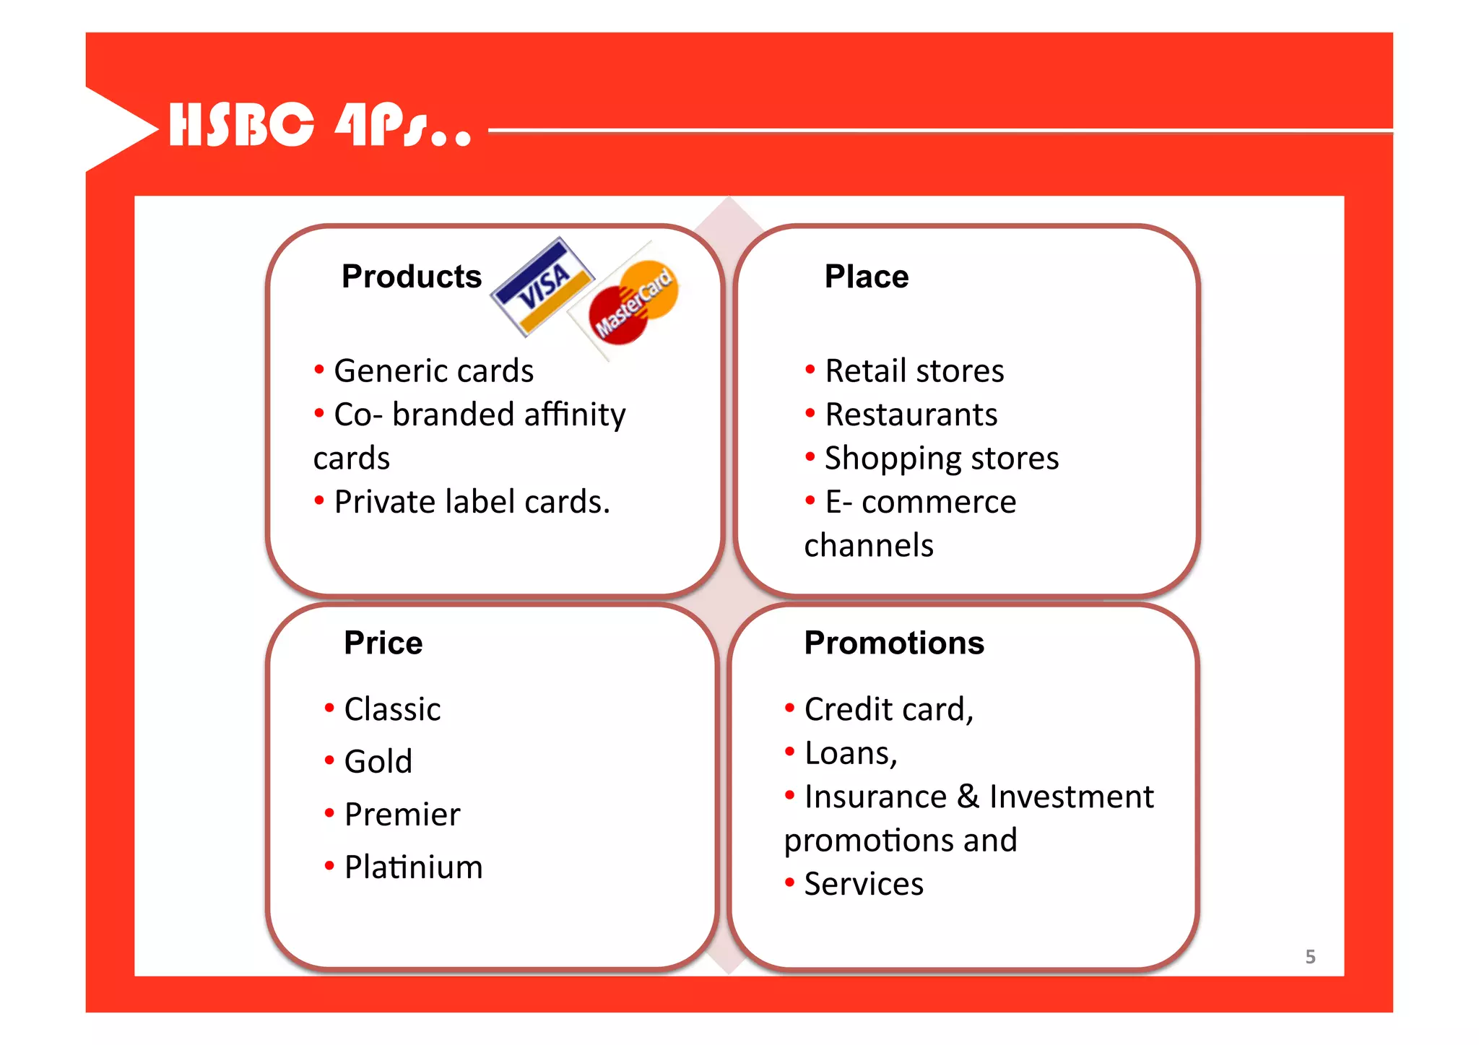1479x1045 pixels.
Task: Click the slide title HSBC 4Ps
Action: (320, 124)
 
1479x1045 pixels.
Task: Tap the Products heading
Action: (411, 277)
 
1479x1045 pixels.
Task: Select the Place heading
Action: (866, 277)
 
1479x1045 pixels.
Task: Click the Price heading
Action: (383, 643)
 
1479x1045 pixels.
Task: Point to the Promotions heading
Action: (893, 643)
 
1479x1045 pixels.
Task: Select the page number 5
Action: (1310, 957)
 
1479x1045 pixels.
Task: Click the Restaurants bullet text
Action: (911, 415)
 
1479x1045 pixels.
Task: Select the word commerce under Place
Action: (938, 502)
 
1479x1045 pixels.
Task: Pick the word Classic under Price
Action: (392, 710)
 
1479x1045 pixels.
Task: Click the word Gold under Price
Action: (378, 762)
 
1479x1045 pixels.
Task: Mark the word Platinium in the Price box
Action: (413, 867)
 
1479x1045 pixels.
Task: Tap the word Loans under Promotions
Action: (849, 753)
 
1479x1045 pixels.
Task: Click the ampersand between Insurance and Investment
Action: (968, 797)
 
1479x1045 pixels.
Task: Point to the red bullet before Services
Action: (789, 882)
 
